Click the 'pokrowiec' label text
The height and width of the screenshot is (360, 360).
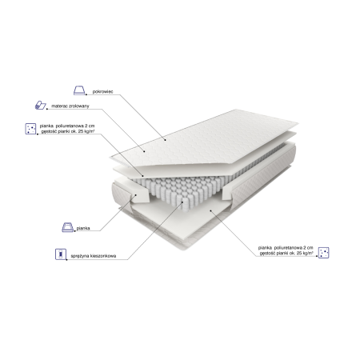coord(102,92)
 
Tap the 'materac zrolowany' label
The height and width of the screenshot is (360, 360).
coord(70,106)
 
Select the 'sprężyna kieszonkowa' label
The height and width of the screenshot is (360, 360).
coord(94,256)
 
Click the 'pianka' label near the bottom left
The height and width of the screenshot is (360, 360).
coord(83,228)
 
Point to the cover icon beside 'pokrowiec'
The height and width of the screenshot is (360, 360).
coord(79,90)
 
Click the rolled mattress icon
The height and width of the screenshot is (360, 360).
coord(41,105)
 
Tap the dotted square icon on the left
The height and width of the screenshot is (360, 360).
coord(30,129)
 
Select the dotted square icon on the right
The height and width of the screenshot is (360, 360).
coord(324,253)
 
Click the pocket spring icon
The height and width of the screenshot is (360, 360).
coord(61,254)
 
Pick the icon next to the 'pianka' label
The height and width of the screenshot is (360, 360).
coord(67,227)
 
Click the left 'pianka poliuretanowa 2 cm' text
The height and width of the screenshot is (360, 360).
coord(67,126)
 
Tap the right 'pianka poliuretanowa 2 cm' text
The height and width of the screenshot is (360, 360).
coord(286,248)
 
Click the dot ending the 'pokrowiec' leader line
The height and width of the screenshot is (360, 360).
coord(165,140)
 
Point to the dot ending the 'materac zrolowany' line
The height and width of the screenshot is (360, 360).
coord(144,151)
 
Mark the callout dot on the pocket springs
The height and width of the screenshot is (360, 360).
coord(182,202)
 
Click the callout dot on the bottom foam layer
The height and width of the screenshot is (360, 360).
coord(210,210)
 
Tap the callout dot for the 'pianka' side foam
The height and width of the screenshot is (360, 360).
coord(135,195)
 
